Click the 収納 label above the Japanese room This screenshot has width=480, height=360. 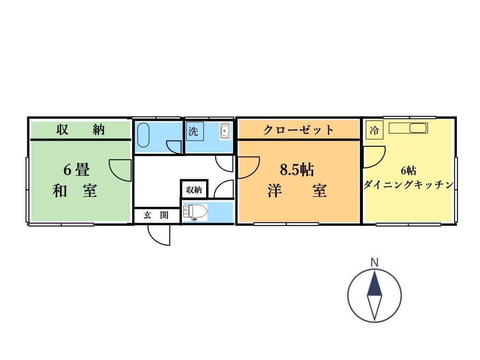[x=81, y=129]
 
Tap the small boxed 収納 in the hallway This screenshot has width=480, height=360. [x=194, y=190]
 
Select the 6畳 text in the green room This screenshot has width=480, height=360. [x=76, y=170]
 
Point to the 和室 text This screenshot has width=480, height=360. [x=75, y=191]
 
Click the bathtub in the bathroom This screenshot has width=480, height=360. [x=143, y=135]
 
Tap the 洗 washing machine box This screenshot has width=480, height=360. [x=194, y=132]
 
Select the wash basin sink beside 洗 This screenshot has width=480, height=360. [x=225, y=131]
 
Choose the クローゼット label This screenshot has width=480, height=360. [x=299, y=130]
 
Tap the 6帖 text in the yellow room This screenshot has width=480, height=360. [x=408, y=170]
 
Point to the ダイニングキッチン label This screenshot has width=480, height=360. [x=409, y=185]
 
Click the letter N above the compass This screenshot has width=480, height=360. [x=374, y=262]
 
